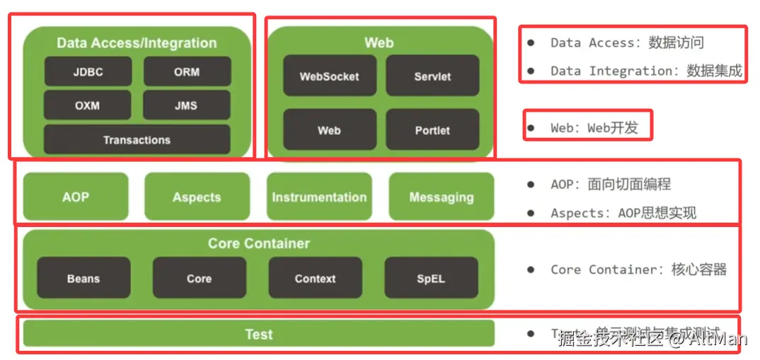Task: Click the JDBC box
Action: pos(88,71)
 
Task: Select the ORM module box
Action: pos(187,71)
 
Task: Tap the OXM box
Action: pos(87,105)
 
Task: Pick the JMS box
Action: pos(186,105)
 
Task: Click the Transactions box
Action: pos(137,140)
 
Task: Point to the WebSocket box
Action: pos(329,76)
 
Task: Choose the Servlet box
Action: pos(432,76)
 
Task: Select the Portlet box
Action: pos(432,130)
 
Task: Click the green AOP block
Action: pos(76,197)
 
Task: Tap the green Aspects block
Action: pos(197,197)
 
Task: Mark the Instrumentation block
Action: pos(319,197)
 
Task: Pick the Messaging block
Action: pos(441,197)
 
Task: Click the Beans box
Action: pos(84,278)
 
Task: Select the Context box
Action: pos(315,278)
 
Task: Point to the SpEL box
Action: pos(431,278)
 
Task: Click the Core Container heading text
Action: pos(259,243)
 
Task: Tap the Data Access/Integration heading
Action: pos(137,43)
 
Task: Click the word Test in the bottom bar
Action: pos(259,335)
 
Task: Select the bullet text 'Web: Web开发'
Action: pos(594,128)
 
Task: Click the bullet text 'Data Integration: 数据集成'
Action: pos(646,71)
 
